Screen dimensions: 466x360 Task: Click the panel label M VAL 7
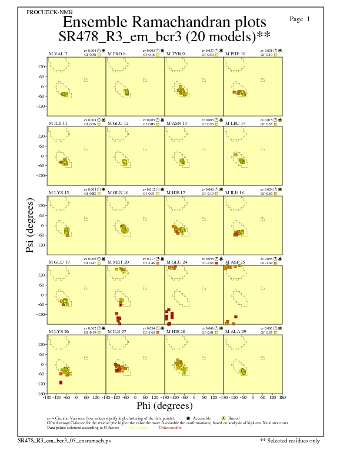click(58, 54)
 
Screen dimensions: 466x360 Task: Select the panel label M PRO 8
click(116, 54)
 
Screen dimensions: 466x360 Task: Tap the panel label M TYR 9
click(176, 54)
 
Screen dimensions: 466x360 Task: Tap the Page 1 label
click(300, 19)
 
